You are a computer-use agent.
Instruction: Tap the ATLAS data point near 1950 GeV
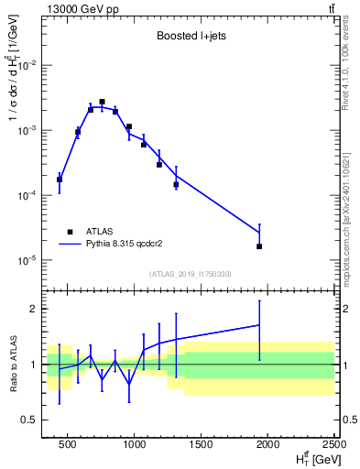(x=259, y=246)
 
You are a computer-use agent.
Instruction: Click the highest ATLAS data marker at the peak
(x=103, y=102)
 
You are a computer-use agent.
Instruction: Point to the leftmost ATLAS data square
(x=60, y=180)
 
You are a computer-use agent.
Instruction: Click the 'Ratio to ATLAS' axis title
(x=12, y=364)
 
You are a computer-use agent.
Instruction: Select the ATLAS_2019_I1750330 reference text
(x=191, y=274)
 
